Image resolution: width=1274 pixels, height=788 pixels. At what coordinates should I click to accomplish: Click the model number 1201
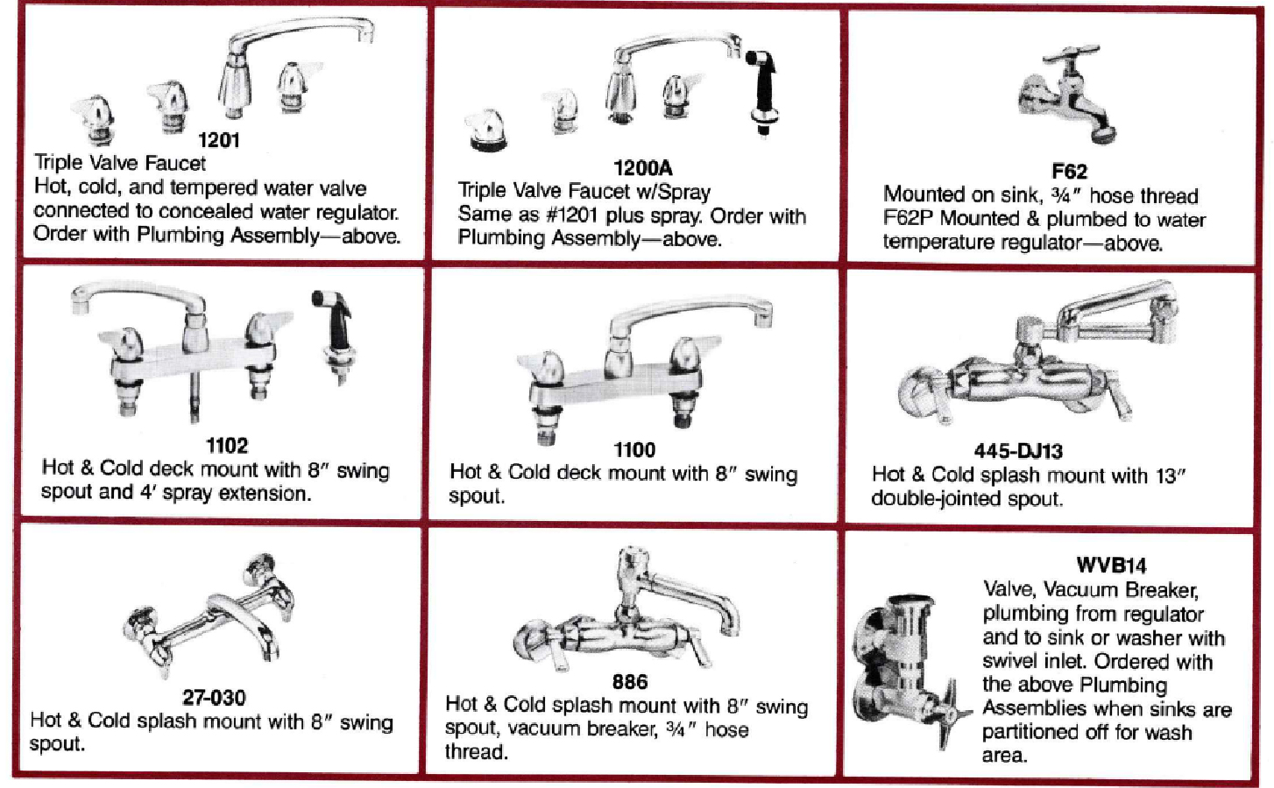pos(219,140)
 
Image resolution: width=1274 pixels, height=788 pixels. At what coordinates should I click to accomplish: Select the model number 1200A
pos(642,168)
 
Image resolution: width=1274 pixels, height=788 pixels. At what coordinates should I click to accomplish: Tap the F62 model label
pos(1069,171)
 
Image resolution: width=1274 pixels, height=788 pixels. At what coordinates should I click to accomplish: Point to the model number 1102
pos(227,446)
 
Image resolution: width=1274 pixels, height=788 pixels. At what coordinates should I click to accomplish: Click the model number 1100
pos(634,450)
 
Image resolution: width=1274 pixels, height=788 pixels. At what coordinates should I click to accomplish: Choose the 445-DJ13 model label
pos(1018,451)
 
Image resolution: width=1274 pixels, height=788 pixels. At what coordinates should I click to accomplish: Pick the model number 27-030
pos(214,697)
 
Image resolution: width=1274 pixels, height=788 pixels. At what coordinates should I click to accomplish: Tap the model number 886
pos(630,681)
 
